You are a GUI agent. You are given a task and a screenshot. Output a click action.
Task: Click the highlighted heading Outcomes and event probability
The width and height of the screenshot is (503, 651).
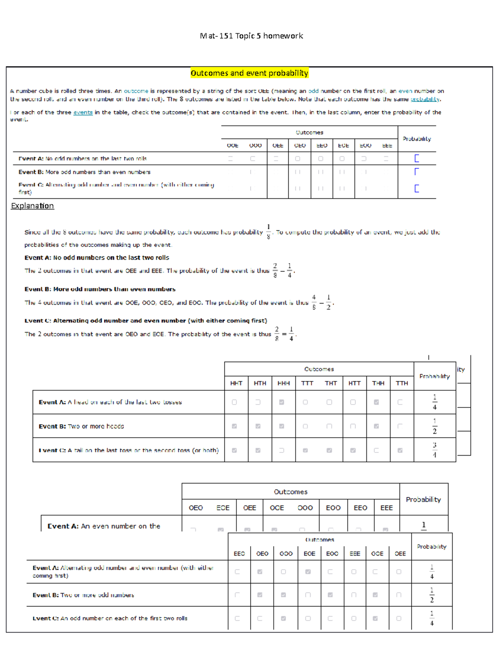click(x=249, y=73)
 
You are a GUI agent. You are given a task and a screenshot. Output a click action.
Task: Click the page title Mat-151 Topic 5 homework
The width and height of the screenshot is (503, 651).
click(x=251, y=36)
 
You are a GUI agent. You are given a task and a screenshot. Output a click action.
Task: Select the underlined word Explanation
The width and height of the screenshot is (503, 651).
click(x=32, y=206)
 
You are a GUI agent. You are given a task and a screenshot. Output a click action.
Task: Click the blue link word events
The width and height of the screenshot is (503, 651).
click(x=83, y=112)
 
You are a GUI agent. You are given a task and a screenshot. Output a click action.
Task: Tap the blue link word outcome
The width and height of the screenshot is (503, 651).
click(x=136, y=91)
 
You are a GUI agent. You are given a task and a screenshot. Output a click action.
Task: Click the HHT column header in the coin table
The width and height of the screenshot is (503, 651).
click(x=236, y=383)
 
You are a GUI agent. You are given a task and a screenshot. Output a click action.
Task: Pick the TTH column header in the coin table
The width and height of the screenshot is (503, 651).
click(x=402, y=383)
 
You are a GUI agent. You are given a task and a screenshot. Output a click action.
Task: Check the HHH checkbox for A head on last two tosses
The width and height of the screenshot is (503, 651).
click(x=282, y=402)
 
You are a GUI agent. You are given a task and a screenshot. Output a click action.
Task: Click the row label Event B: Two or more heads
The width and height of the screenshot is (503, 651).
click(x=81, y=426)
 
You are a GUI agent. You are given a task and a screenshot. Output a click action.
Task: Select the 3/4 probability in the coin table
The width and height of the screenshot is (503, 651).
click(x=435, y=450)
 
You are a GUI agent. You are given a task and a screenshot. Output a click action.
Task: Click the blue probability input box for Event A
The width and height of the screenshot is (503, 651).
click(x=416, y=158)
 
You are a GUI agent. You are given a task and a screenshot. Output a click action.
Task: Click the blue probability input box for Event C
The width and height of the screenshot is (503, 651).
click(x=416, y=188)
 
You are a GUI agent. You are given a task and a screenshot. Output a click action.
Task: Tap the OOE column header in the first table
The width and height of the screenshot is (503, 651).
click(x=233, y=145)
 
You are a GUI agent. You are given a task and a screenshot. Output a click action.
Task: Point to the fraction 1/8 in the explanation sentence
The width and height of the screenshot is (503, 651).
click(x=268, y=231)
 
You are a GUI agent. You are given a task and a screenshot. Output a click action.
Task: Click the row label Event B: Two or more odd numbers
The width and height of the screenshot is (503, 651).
click(x=83, y=595)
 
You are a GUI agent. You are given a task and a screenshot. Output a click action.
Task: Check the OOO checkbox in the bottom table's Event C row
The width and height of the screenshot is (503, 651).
click(x=283, y=618)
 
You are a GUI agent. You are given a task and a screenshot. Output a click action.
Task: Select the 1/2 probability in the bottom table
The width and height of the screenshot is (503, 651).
click(x=432, y=595)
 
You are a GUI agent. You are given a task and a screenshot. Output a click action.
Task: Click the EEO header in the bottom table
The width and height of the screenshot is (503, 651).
click(x=239, y=554)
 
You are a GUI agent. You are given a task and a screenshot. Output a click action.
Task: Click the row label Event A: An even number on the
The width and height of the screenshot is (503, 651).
click(x=104, y=526)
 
